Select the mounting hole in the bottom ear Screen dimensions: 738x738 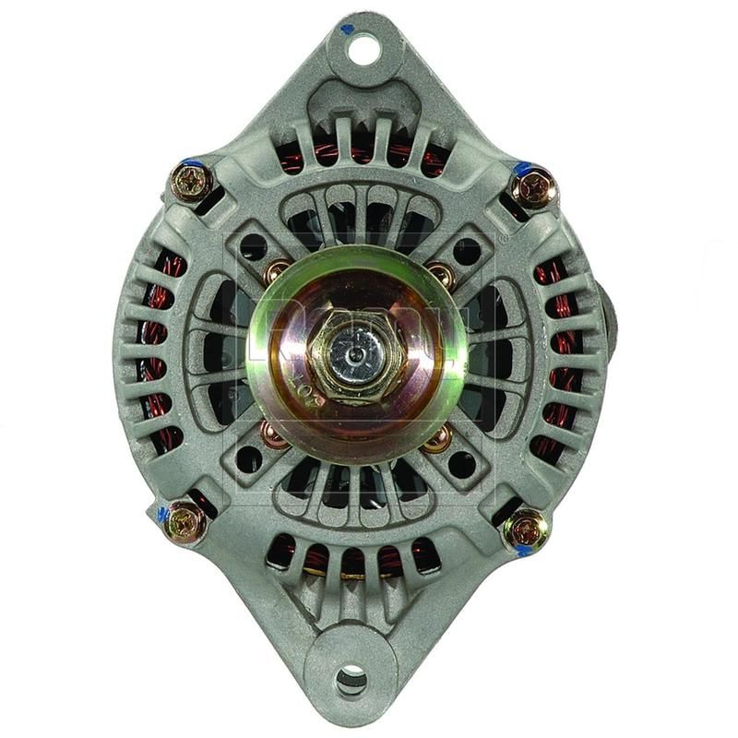[x=351, y=680]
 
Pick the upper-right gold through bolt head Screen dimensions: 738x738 [x=534, y=189]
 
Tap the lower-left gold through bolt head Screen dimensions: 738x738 [x=188, y=522]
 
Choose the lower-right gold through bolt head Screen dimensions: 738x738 [x=527, y=530]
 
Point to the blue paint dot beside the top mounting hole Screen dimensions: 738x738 [x=347, y=29]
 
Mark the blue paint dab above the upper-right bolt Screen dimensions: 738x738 [x=523, y=169]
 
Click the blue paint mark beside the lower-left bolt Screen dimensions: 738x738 [x=165, y=514]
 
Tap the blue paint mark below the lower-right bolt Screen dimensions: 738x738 [x=522, y=551]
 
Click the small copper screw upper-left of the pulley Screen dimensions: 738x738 [x=276, y=272]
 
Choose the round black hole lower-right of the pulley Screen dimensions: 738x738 [x=462, y=463]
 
